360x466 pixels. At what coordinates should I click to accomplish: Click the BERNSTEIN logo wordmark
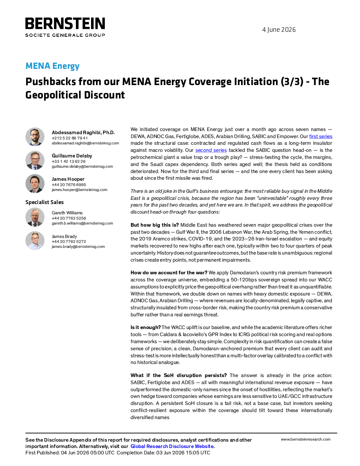tap(65, 23)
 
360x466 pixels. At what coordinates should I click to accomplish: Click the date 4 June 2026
tap(279, 30)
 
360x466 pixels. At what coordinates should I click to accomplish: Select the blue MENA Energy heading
tap(52, 66)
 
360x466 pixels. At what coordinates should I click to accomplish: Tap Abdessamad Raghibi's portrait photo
tap(35, 137)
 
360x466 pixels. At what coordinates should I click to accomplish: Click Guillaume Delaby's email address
tap(82, 166)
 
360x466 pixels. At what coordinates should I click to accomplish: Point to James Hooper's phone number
tap(69, 185)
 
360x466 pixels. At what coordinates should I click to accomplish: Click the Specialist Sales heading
tap(44, 202)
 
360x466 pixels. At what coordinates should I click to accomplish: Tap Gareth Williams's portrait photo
tap(35, 217)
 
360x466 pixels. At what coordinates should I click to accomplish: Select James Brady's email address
tap(78, 247)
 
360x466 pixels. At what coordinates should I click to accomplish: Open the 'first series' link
tap(320, 136)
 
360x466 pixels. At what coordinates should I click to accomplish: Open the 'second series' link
tap(211, 150)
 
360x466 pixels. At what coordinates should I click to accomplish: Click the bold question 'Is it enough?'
tap(145, 328)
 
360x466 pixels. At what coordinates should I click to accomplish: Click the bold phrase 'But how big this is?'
tap(155, 225)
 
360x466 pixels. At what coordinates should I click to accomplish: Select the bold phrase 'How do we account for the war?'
tap(169, 273)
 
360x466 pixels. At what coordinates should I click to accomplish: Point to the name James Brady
tap(64, 236)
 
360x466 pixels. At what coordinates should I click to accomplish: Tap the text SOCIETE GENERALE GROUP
tap(65, 35)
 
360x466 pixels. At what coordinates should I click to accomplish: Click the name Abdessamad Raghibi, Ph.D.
tap(83, 132)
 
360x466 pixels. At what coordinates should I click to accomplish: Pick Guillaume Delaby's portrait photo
tap(35, 160)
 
